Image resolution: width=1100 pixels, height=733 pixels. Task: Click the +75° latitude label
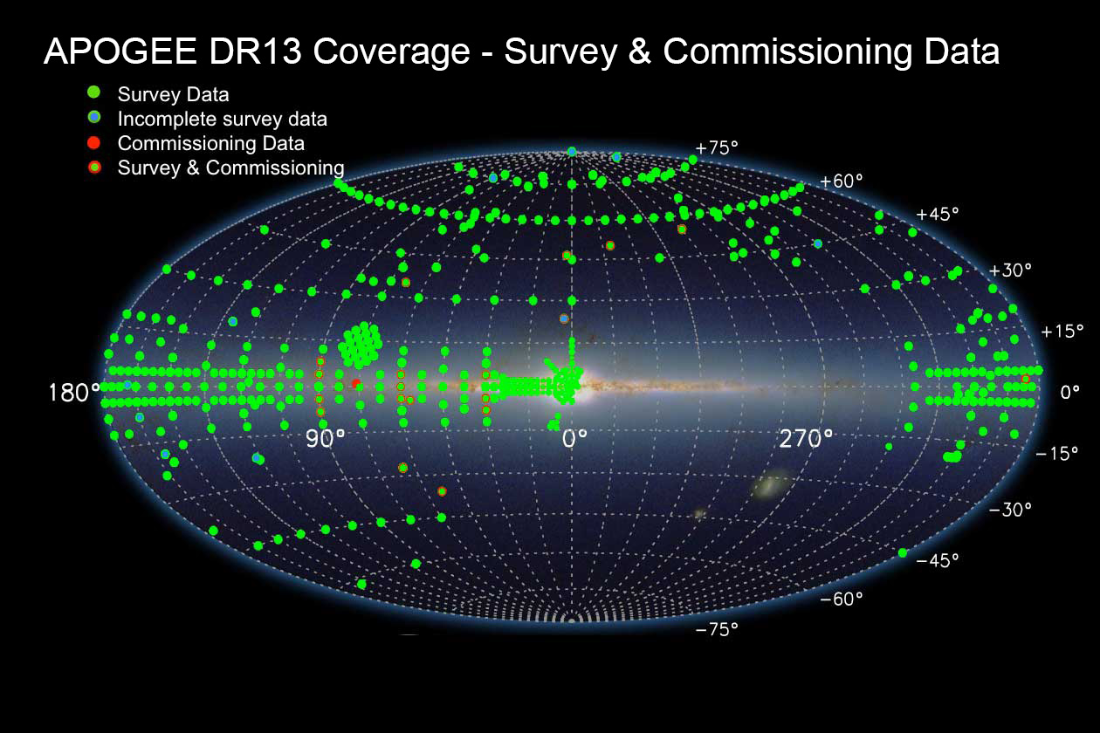[x=717, y=147]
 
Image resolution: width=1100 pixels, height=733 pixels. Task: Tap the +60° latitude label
[x=842, y=182]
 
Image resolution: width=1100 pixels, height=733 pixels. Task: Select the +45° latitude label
[x=938, y=214]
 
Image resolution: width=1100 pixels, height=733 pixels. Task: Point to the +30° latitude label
[x=1009, y=270]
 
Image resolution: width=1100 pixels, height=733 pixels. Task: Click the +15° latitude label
[x=1062, y=332]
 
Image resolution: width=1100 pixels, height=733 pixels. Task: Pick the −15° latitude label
[x=1056, y=453]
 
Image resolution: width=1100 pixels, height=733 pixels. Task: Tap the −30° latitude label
[x=1009, y=510]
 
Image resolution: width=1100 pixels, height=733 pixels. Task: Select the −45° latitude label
[x=938, y=560]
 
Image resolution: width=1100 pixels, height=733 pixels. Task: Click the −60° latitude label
[x=842, y=599]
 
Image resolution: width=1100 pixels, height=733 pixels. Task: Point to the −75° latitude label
[x=717, y=629]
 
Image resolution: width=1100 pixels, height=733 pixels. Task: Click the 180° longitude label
[x=74, y=393]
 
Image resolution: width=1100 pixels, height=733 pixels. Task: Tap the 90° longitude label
[x=325, y=438]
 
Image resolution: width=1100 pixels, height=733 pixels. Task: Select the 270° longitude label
[x=806, y=438]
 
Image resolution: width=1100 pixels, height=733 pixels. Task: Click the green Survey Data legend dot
[x=93, y=92]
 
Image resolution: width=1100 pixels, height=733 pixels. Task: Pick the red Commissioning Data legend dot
[x=93, y=143]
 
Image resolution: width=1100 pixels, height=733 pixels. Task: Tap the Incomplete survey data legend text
[x=223, y=120]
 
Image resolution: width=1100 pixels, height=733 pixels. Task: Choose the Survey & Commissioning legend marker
[x=94, y=167]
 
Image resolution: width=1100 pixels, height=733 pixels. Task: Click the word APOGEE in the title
[x=120, y=51]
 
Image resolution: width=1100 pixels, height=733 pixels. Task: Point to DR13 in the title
[x=255, y=51]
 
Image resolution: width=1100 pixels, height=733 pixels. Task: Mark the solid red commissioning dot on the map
[x=356, y=383]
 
